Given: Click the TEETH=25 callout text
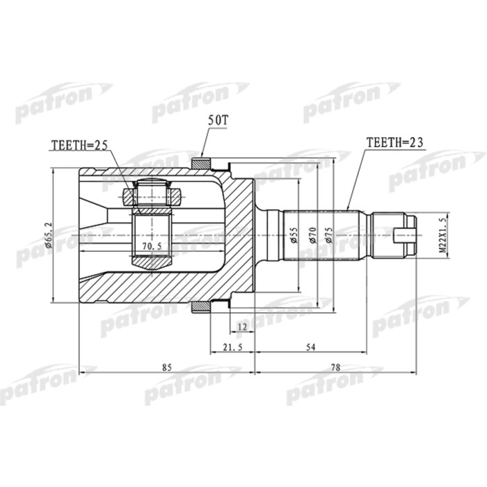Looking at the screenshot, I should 79,146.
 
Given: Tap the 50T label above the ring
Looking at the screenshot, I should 217,120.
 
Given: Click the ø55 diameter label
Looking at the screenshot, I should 294,235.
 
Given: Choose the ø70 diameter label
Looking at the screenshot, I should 312,235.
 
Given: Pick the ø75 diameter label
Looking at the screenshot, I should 331,235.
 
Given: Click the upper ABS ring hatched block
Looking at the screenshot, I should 200,164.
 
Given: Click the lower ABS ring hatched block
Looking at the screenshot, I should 200,308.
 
